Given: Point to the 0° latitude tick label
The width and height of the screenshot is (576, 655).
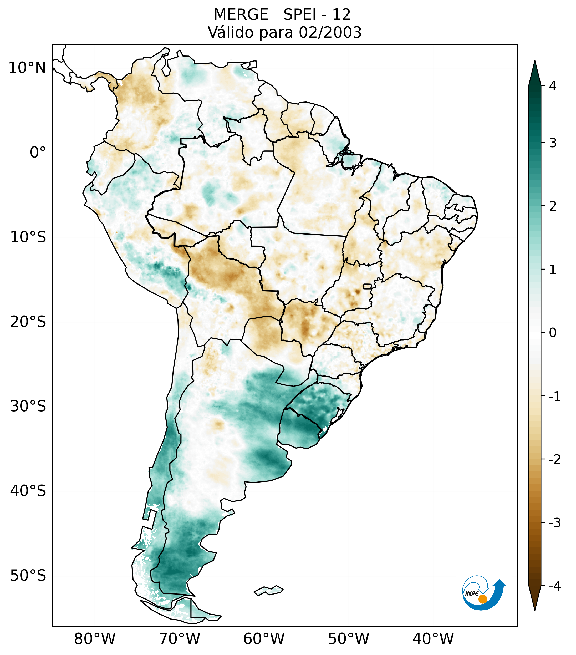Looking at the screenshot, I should pos(38,153).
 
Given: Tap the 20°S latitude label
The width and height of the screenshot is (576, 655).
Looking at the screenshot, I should pos(28,322).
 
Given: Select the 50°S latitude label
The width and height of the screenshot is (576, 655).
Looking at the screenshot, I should pos(28,576).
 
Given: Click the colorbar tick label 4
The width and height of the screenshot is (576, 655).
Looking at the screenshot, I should pos(553,86).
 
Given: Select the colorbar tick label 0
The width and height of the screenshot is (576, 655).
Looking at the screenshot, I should pos(553,333).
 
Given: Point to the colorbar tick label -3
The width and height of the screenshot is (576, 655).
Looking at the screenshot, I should pos(554,523).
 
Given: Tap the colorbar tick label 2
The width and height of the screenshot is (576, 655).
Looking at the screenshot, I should pos(553,206).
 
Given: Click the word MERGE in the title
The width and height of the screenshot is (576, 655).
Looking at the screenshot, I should pos(241,15).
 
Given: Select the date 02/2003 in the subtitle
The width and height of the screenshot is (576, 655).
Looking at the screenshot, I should pos(330,32).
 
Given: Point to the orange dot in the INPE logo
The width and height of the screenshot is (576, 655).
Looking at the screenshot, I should pos(482,599).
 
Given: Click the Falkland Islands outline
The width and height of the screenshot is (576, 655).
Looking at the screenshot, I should pos(268,590).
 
